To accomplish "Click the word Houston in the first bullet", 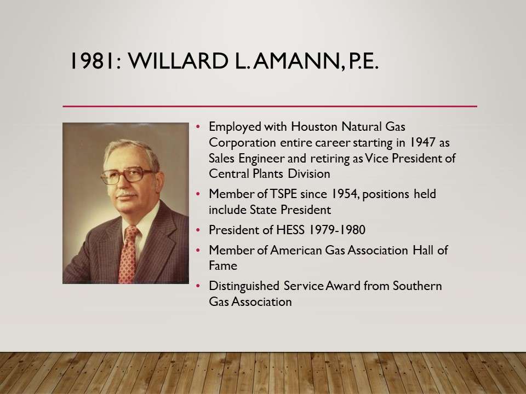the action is [314, 126].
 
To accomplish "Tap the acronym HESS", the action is [290, 230].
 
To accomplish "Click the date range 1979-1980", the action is [337, 230].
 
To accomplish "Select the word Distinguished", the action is [244, 286].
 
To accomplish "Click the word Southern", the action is [418, 286].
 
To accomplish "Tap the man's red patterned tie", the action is [128, 254].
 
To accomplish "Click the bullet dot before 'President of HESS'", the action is [198, 230].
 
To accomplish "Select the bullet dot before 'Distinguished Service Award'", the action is [198, 286].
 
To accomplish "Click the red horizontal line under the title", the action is [270, 106].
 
